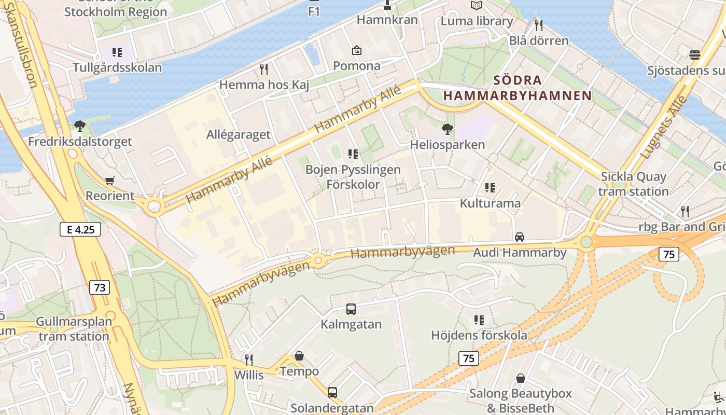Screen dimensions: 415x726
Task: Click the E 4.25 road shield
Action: [x=80, y=229]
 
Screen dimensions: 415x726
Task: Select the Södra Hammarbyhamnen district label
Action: [x=517, y=88]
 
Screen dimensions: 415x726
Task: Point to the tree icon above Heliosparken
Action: [x=446, y=129]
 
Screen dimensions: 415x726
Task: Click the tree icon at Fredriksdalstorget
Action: [x=79, y=126]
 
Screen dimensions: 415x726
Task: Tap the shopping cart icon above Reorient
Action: [x=109, y=181]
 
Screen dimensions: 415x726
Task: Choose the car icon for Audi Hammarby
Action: [x=519, y=237]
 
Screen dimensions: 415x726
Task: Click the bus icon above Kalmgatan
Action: [x=351, y=309]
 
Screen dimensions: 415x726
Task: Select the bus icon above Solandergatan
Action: [x=332, y=393]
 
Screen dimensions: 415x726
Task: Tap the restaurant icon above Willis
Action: [x=249, y=359]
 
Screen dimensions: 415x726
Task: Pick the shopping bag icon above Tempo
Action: [x=299, y=356]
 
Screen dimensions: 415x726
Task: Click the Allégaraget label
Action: [x=238, y=135]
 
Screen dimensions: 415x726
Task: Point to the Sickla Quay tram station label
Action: [x=633, y=184]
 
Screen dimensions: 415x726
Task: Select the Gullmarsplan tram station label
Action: [x=74, y=329]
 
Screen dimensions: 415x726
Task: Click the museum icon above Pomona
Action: [x=357, y=50]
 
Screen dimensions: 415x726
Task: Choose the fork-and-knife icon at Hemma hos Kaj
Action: [x=264, y=69]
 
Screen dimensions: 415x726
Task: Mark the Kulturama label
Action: [x=490, y=203]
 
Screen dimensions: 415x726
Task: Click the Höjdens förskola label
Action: [x=479, y=335]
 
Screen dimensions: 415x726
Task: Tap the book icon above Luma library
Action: [x=476, y=6]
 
